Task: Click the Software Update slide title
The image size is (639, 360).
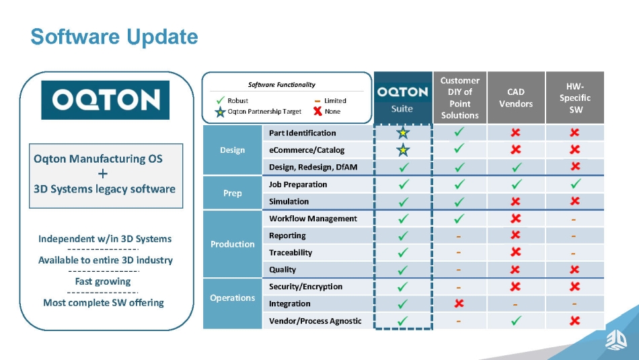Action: click(x=114, y=37)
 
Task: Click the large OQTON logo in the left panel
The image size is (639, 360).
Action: click(x=105, y=100)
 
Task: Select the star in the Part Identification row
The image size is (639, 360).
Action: click(x=403, y=133)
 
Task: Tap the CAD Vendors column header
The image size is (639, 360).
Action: click(x=516, y=98)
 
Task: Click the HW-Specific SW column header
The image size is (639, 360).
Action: click(x=574, y=98)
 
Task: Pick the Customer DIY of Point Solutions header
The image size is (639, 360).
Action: click(x=459, y=98)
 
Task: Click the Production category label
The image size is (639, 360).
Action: click(x=232, y=244)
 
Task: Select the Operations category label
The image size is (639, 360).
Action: click(x=232, y=298)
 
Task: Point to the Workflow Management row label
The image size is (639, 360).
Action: click(x=313, y=219)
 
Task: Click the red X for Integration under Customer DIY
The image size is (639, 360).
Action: click(x=459, y=303)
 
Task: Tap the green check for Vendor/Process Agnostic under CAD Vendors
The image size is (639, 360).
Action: click(x=516, y=320)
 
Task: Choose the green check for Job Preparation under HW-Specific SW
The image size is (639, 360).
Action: click(x=575, y=184)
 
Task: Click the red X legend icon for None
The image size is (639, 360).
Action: click(x=318, y=111)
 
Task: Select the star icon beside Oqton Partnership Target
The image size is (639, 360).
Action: click(x=220, y=112)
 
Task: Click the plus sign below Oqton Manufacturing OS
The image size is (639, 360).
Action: click(x=103, y=174)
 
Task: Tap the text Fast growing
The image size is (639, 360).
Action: click(x=103, y=281)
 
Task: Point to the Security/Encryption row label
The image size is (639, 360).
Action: click(x=305, y=287)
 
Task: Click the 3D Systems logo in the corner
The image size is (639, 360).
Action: click(x=616, y=340)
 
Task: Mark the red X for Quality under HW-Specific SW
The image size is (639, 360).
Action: click(x=574, y=269)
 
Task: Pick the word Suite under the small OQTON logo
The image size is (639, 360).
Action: click(x=402, y=109)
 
